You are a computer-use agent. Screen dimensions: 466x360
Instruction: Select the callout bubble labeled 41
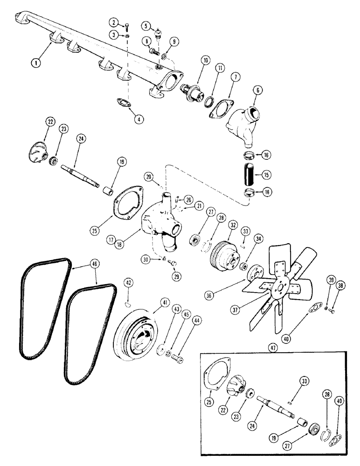tap(152, 302)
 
